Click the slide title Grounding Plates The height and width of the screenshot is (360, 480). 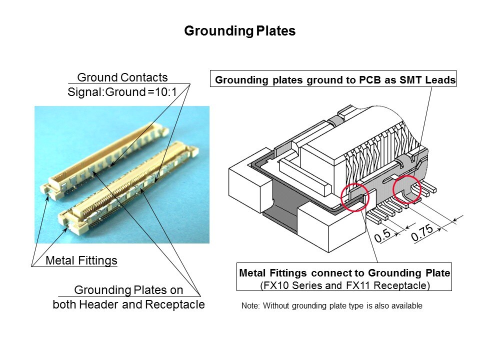tap(239, 31)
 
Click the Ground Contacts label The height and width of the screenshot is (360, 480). tap(122, 77)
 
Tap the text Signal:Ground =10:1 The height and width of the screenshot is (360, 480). tap(122, 92)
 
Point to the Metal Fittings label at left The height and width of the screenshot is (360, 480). tap(81, 260)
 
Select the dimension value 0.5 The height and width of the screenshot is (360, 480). tap(382, 235)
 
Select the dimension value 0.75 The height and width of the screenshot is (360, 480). tap(422, 232)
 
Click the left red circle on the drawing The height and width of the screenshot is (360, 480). tap(355, 197)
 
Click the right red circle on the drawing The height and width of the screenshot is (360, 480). tap(407, 189)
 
